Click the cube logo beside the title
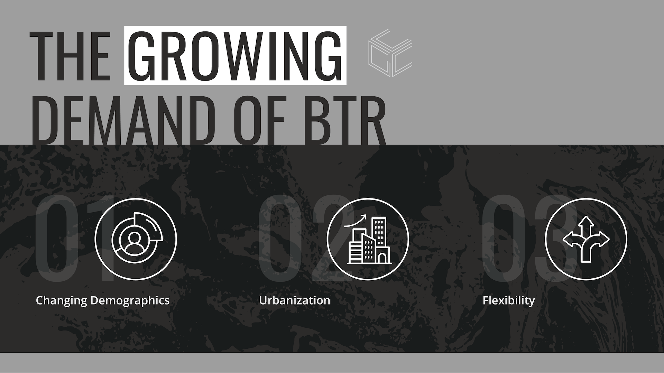click(x=390, y=53)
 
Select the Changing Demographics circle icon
click(x=136, y=239)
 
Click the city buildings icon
click(x=368, y=239)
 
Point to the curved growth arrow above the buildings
click(x=355, y=221)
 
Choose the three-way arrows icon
click(x=586, y=239)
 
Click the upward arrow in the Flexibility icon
click(x=585, y=223)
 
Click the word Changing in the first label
click(x=62, y=300)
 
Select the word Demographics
click(x=130, y=300)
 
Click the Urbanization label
click(x=295, y=300)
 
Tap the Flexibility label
click(x=509, y=300)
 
